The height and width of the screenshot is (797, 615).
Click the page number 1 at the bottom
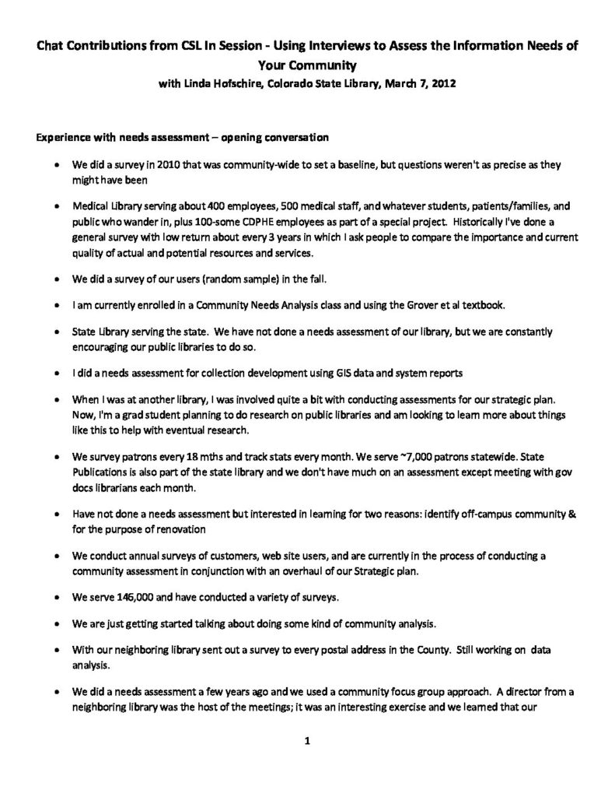[307, 741]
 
